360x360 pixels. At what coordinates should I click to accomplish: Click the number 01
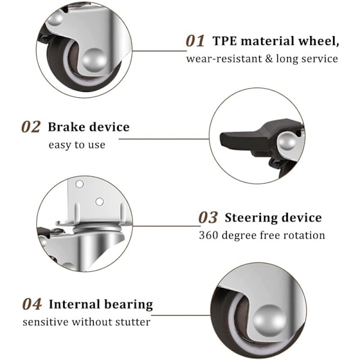(195, 41)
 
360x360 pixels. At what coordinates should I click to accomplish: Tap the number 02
(31, 127)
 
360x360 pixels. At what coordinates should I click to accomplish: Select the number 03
(208, 217)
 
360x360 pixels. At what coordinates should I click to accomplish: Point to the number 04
(32, 304)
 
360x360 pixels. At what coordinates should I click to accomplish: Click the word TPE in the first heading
(225, 41)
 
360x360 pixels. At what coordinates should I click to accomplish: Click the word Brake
(67, 127)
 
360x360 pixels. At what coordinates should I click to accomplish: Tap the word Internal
(75, 304)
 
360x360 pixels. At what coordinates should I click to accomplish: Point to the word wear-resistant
(224, 59)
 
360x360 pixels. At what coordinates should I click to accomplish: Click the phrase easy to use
(77, 145)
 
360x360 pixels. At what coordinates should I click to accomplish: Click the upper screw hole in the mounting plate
(79, 184)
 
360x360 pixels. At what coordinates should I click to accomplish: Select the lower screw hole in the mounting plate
(100, 202)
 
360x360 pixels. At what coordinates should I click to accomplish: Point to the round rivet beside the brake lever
(287, 142)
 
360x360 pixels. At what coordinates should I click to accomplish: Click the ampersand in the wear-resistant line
(269, 59)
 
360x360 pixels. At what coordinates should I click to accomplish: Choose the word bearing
(128, 305)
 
